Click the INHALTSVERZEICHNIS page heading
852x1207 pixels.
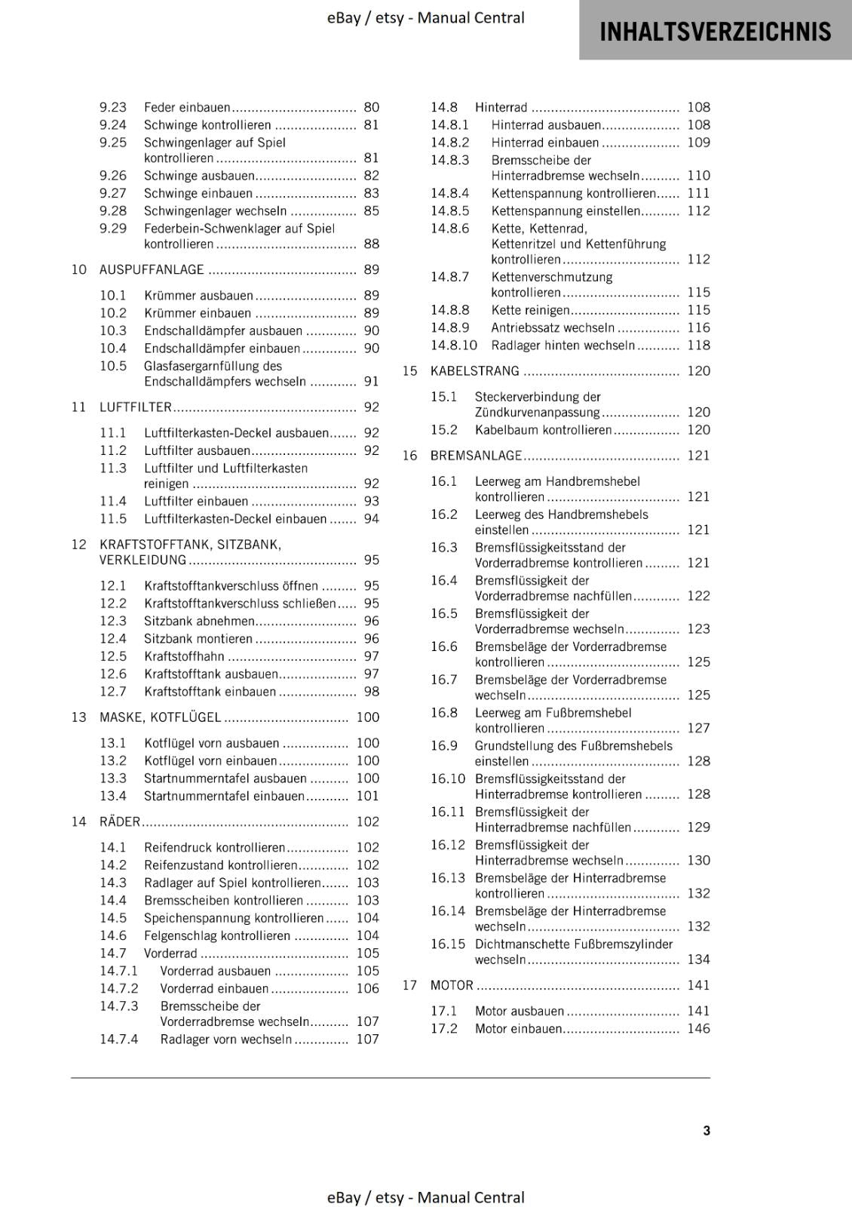[x=715, y=32]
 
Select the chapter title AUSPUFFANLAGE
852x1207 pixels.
[x=152, y=269]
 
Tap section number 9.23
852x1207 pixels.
[x=113, y=107]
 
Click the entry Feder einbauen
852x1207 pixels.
[x=187, y=107]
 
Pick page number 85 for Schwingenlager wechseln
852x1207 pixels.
[x=371, y=210]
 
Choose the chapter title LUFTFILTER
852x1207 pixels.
[x=136, y=407]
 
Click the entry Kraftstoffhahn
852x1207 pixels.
[x=184, y=656]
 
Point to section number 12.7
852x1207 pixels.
[x=113, y=692]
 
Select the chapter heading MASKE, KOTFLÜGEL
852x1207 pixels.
[x=160, y=717]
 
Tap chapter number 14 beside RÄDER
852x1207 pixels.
[x=79, y=822]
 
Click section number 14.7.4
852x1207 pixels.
[x=119, y=1039]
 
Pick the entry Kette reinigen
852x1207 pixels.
[x=530, y=310]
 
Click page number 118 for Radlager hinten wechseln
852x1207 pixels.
[x=698, y=345]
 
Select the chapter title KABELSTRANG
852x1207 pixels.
[x=474, y=370]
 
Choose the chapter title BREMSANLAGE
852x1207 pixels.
[x=476, y=455]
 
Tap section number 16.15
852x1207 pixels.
[x=448, y=944]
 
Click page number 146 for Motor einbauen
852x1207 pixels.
[x=698, y=1028]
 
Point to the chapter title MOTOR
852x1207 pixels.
[x=452, y=985]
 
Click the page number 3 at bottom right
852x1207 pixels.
[x=706, y=1130]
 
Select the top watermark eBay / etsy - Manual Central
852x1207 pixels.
[x=425, y=17]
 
